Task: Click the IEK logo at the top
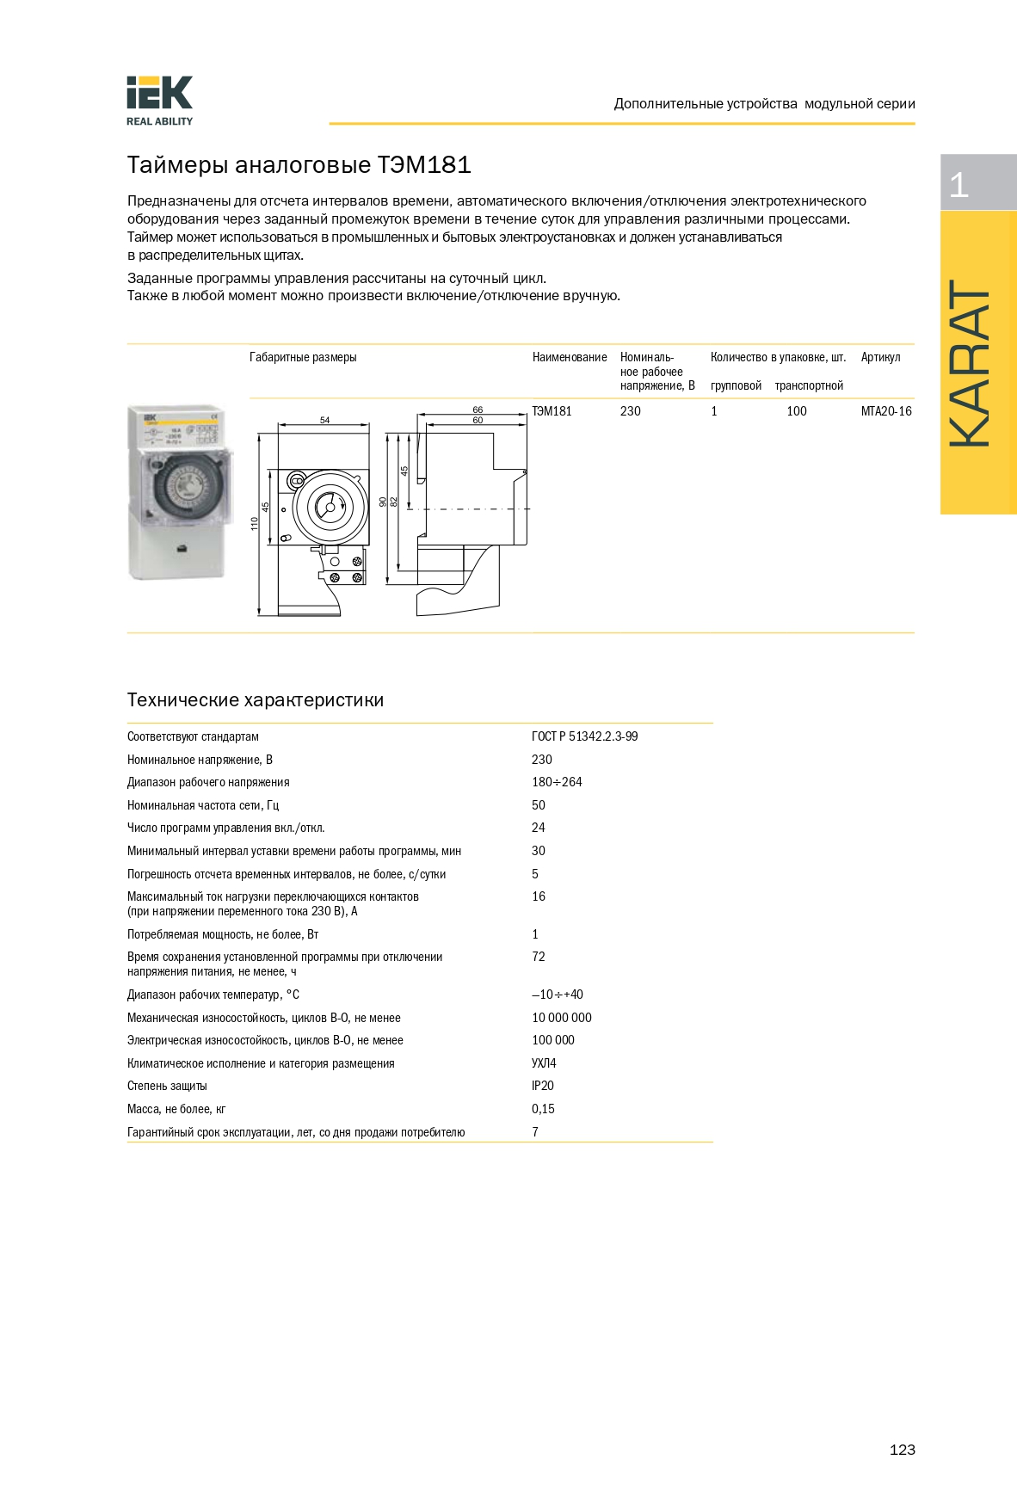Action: coord(160,100)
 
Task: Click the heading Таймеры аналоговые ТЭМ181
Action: coord(299,164)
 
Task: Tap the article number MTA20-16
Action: coord(885,411)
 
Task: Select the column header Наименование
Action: coord(569,357)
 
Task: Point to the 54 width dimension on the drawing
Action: coord(324,420)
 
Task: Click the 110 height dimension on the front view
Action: coord(255,523)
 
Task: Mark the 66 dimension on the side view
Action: coord(478,410)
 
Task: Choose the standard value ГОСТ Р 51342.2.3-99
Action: coord(584,736)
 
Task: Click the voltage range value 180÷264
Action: coord(556,782)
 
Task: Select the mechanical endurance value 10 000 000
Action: coord(561,1018)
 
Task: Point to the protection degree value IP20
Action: coord(542,1086)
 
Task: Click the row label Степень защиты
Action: coord(167,1086)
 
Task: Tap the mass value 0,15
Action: coord(542,1109)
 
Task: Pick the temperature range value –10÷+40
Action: coord(557,995)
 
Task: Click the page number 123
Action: coord(902,1450)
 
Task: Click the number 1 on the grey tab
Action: coord(958,184)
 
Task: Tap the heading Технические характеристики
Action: coord(255,700)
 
